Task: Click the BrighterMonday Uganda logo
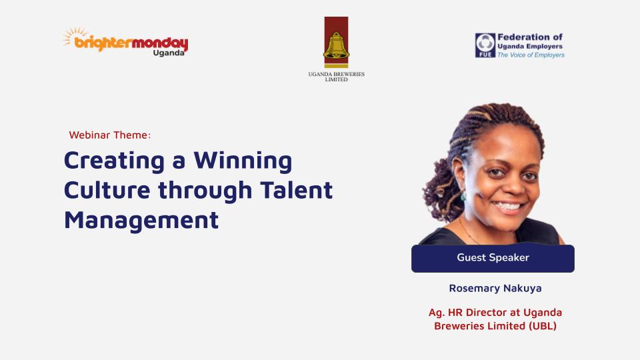125,42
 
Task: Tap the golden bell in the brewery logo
336,47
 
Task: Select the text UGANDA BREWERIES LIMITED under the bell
336,77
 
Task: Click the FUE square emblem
485,45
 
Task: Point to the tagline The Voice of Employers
531,55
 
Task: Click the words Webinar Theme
110,135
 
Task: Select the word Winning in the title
243,161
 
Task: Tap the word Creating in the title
114,161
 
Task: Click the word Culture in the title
107,190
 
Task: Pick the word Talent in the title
296,190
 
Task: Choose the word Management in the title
141,220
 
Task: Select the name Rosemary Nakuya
495,288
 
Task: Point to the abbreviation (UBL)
543,326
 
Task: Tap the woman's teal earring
463,196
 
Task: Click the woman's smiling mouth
507,207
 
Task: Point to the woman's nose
514,186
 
